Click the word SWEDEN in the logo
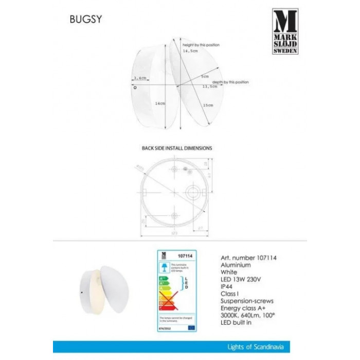tap(284, 52)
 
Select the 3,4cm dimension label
tap(139, 78)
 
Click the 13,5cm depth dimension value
tap(209, 87)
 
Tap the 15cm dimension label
tap(208, 105)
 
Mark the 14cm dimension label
tap(160, 103)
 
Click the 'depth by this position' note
tap(230, 82)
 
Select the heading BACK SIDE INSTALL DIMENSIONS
tap(176, 148)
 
